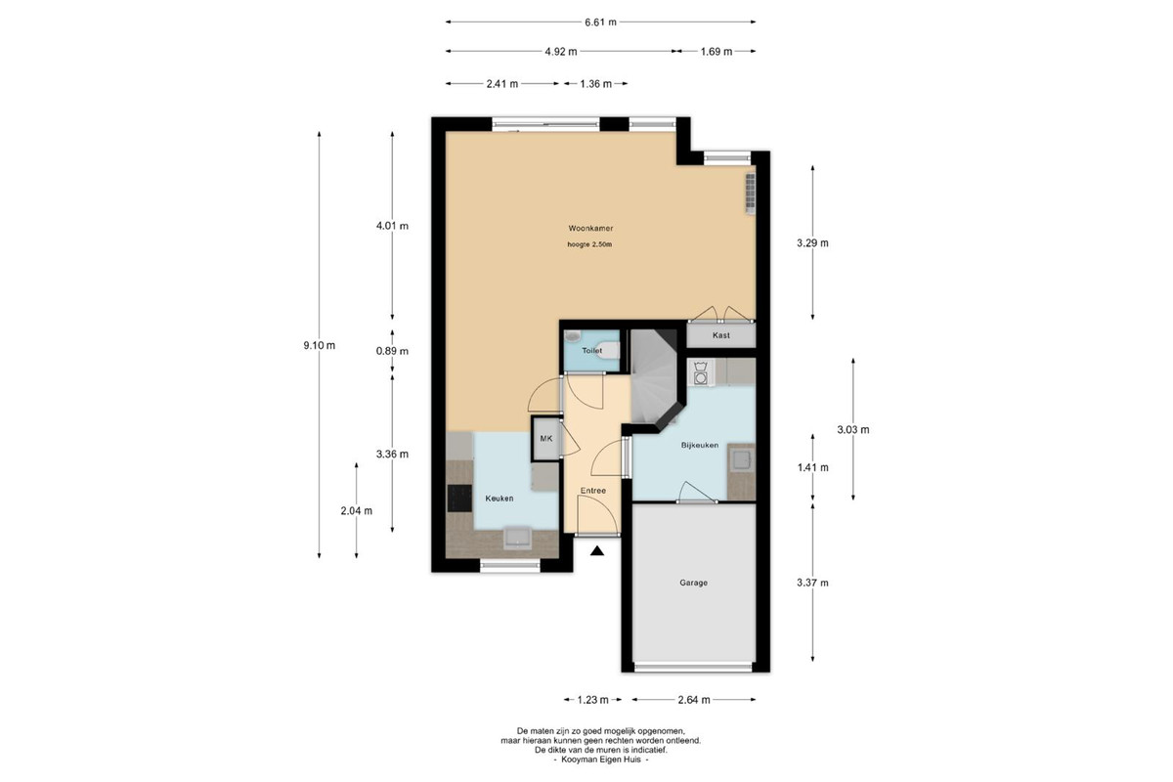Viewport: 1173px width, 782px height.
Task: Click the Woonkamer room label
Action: pos(590,229)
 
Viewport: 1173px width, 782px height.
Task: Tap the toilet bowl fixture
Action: pos(610,350)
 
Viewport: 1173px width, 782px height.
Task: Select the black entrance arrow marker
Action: pos(597,551)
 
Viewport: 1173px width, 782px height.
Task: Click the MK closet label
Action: pos(545,438)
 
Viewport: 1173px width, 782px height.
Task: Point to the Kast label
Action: pos(720,335)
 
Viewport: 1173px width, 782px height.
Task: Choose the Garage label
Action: pos(693,583)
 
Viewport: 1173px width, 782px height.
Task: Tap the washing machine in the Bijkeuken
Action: pos(701,373)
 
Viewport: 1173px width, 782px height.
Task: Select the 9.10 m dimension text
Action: pos(319,346)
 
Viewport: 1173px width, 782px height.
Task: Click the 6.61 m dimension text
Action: pos(600,22)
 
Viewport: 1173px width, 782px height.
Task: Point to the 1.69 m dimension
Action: pos(716,52)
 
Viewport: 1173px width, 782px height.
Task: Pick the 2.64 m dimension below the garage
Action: pos(694,700)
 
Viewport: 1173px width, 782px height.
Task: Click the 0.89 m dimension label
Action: pos(392,352)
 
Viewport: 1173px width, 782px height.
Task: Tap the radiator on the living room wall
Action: pos(751,194)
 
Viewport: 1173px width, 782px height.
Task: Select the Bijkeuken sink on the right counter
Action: pos(742,460)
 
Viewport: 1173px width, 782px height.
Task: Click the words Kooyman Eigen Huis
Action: pos(600,760)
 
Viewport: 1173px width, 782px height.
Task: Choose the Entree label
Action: pos(592,491)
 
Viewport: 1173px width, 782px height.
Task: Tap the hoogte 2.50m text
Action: pos(589,244)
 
